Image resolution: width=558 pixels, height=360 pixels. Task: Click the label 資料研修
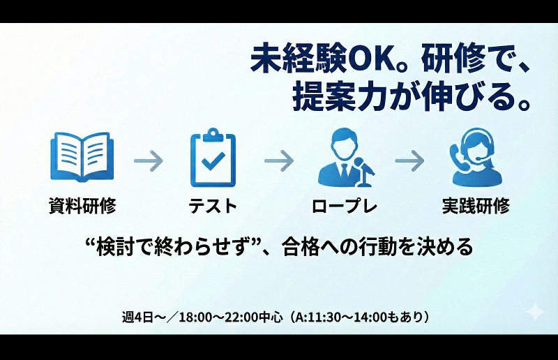point(82,205)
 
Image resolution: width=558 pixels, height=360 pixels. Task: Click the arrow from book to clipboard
point(148,161)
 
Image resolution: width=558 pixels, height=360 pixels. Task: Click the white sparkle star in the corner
point(535,312)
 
